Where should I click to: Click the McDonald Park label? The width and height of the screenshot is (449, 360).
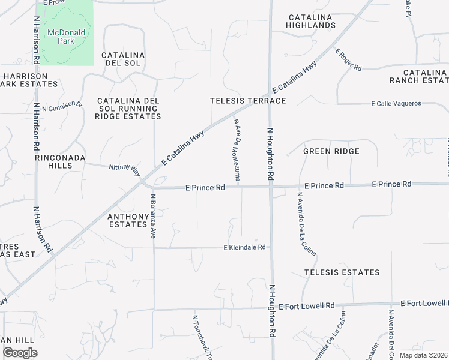pos(67,37)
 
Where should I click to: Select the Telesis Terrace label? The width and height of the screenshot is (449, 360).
pos(248,101)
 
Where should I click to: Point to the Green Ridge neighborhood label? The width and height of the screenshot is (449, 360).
pos(331,151)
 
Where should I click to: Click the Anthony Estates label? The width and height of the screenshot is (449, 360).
pos(128,220)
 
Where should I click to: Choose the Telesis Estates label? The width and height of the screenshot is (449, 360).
pos(342,272)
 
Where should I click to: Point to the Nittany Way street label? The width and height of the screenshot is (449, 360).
pos(124,169)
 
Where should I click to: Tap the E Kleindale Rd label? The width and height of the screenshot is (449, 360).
pos(244,247)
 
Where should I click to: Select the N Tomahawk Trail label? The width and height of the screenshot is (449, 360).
pos(194,336)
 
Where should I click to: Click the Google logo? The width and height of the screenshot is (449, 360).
pos(20,352)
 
